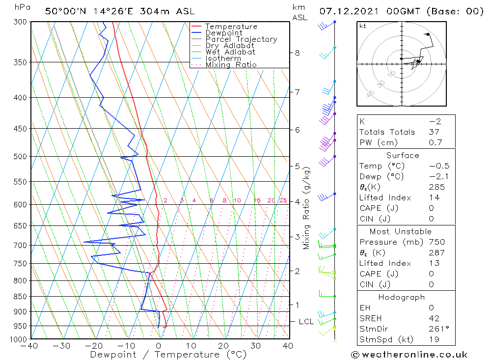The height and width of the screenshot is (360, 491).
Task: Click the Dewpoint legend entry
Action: point(223,33)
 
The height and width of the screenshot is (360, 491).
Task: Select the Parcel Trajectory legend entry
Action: point(241,39)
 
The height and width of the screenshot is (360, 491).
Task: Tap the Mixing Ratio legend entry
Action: point(231,65)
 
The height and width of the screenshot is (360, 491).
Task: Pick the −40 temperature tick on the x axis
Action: point(29,346)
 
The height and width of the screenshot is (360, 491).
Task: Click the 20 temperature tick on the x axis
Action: point(223,346)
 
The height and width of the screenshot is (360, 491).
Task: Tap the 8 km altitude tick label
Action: point(297,53)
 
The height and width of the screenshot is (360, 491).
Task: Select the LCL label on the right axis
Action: point(306,322)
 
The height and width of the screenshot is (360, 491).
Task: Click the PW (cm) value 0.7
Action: point(436,142)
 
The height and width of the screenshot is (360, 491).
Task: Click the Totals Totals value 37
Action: point(434,132)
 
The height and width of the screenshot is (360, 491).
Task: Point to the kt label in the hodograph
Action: point(363,26)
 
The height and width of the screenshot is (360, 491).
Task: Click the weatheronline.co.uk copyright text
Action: point(409,354)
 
